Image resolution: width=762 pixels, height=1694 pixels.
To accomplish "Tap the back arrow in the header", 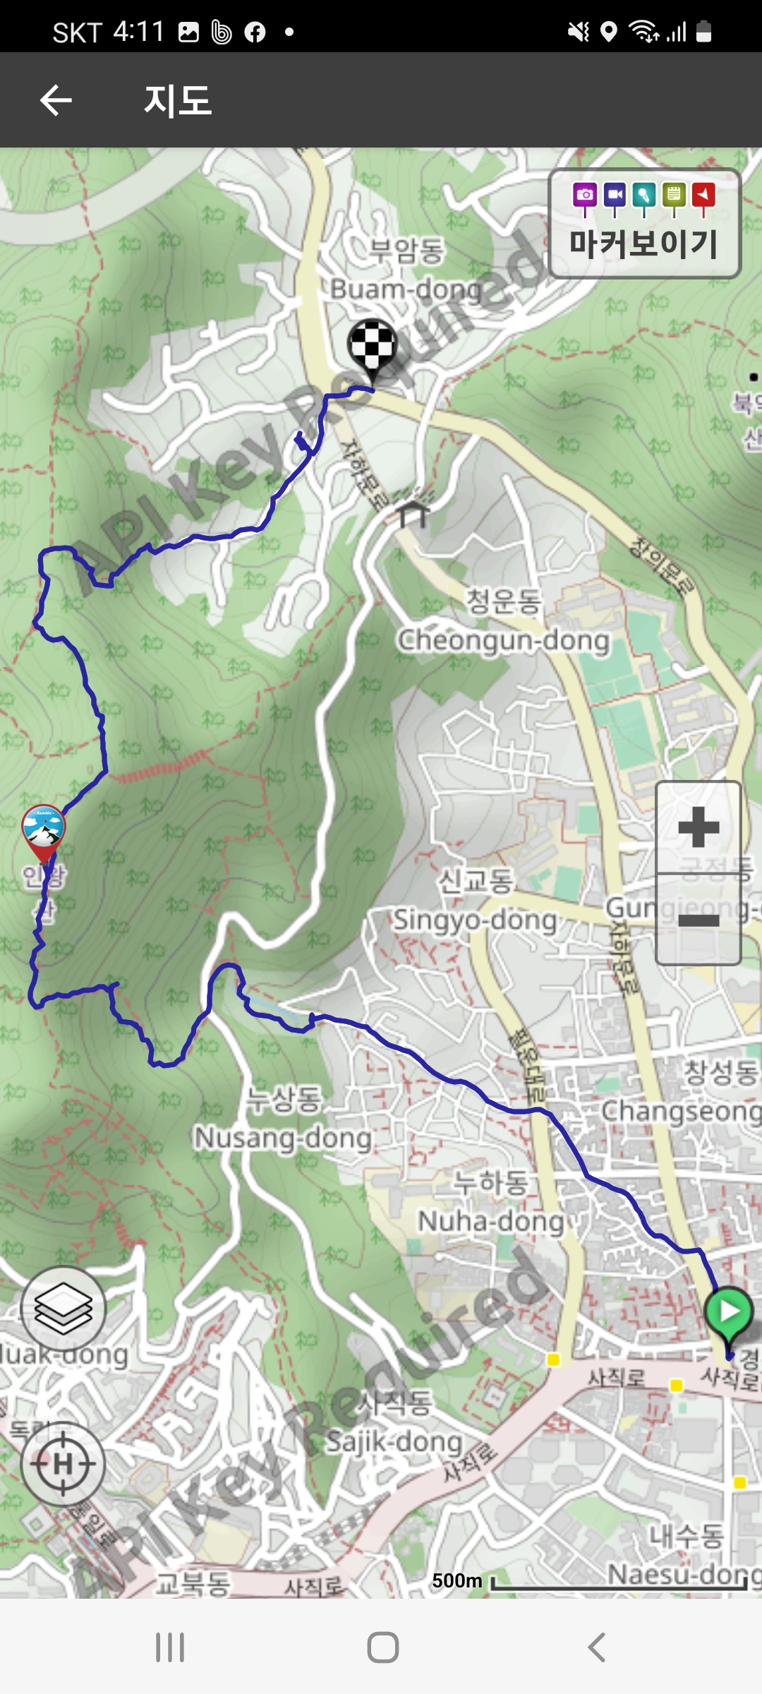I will [x=56, y=100].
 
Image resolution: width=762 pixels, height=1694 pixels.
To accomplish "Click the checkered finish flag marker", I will [x=372, y=346].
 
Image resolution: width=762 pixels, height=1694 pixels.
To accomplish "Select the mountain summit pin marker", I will [x=43, y=830].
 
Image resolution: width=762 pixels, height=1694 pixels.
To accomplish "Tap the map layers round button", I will [x=64, y=1309].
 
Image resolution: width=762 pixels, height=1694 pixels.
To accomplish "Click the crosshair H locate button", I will [x=64, y=1464].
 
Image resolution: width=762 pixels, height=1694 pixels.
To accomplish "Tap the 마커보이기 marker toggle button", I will [x=644, y=223].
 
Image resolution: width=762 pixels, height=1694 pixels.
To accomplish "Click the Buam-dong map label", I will [x=406, y=289].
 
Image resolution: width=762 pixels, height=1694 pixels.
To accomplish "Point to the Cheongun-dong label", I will [x=504, y=639].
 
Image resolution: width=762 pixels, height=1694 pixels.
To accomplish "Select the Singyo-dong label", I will [x=475, y=919].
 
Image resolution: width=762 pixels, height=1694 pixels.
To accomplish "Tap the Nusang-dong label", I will [x=283, y=1137].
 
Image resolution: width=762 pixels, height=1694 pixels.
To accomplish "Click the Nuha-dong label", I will [x=491, y=1220].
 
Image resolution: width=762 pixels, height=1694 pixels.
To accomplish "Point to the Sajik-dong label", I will [x=394, y=1441].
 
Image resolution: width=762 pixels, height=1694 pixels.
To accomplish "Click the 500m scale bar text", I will [x=456, y=1580].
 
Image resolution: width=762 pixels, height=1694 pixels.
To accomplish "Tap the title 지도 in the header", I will [x=178, y=100].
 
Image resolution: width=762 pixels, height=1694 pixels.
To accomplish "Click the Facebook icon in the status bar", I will [x=255, y=32].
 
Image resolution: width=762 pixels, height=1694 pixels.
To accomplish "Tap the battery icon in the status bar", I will [x=703, y=32].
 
